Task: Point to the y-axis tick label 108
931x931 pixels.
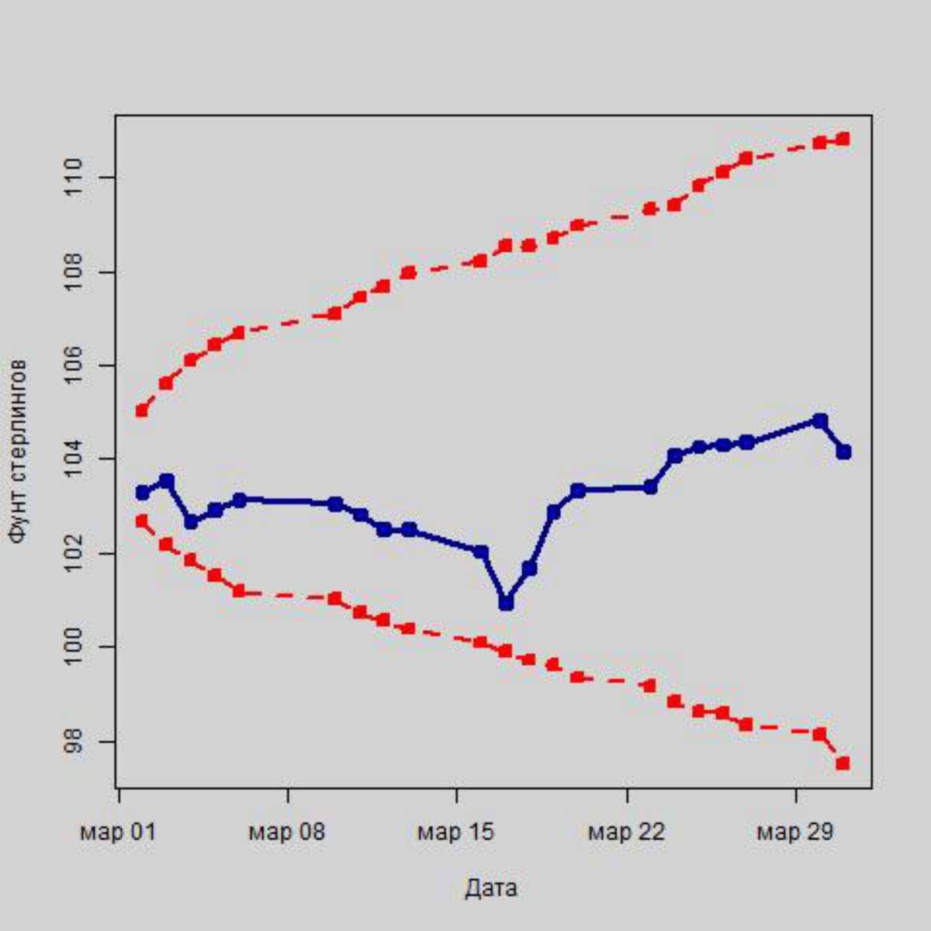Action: tap(74, 272)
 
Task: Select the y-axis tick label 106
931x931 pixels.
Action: tap(74, 365)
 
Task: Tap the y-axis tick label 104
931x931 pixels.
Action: tap(74, 459)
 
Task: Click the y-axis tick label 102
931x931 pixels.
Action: tap(74, 553)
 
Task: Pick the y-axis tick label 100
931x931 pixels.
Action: tap(74, 647)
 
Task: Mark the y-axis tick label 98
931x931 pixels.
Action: tap(74, 741)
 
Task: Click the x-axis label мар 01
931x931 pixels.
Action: tap(118, 832)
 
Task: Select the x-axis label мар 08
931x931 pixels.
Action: tap(287, 832)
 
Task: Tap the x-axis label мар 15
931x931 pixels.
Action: tap(456, 832)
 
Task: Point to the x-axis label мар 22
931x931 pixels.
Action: tap(626, 832)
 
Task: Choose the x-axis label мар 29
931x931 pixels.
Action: tap(795, 832)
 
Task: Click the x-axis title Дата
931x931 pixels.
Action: tap(491, 888)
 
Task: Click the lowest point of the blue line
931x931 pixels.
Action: tap(506, 602)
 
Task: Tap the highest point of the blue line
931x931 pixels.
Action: tap(819, 421)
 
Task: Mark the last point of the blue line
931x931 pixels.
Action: tap(843, 452)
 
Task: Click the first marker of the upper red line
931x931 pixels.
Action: tap(141, 410)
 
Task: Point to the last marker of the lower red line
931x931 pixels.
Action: tap(843, 763)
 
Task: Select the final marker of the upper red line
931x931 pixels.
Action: tap(843, 139)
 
